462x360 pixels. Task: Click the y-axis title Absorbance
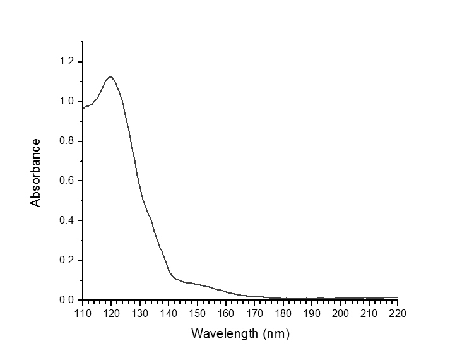36,172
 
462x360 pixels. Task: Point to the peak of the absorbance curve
111,76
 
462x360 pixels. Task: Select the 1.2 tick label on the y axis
67,62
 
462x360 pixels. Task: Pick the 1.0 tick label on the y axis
67,102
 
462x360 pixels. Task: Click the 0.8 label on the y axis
67,141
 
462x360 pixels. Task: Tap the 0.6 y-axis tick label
67,181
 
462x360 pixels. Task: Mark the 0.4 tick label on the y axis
67,220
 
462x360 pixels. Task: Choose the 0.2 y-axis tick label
67,260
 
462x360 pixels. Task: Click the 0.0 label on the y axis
67,300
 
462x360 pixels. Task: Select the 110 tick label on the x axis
83,313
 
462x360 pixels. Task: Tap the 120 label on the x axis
111,313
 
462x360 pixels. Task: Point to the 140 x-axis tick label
169,313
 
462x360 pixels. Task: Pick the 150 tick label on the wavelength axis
197,313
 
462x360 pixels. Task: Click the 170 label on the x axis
254,313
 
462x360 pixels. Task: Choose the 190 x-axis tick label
312,313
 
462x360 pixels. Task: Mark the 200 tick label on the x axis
340,313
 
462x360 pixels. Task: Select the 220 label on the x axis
398,313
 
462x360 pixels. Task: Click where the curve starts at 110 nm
83,108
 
